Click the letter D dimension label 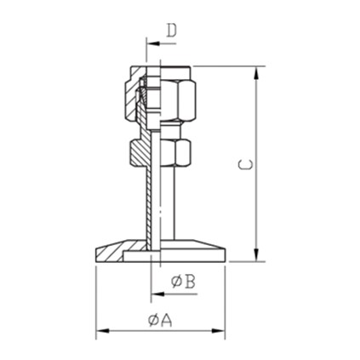172,31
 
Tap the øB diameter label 183,281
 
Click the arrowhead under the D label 151,43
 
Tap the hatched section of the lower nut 140,153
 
